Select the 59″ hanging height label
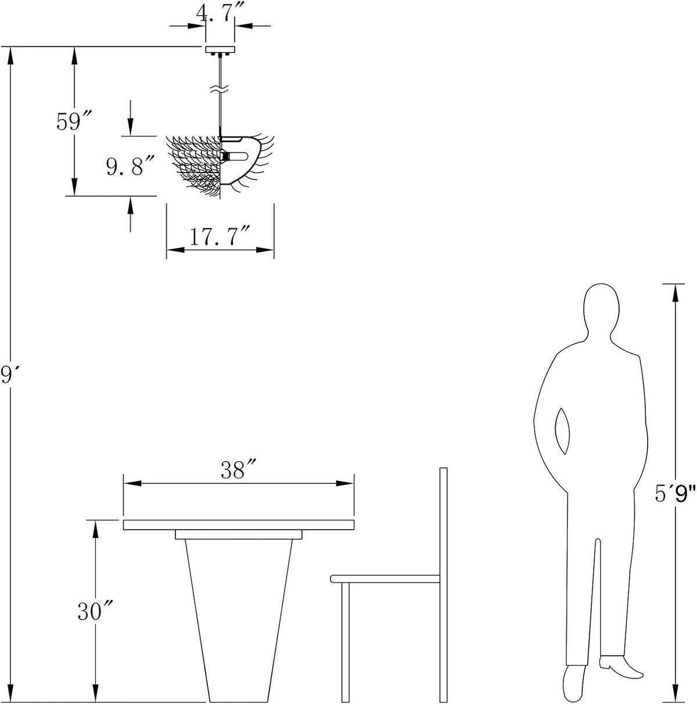[x=73, y=121]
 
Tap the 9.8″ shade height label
[x=130, y=166]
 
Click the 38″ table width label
[x=238, y=469]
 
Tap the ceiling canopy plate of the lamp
[x=220, y=50]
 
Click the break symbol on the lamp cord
[x=220, y=89]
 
